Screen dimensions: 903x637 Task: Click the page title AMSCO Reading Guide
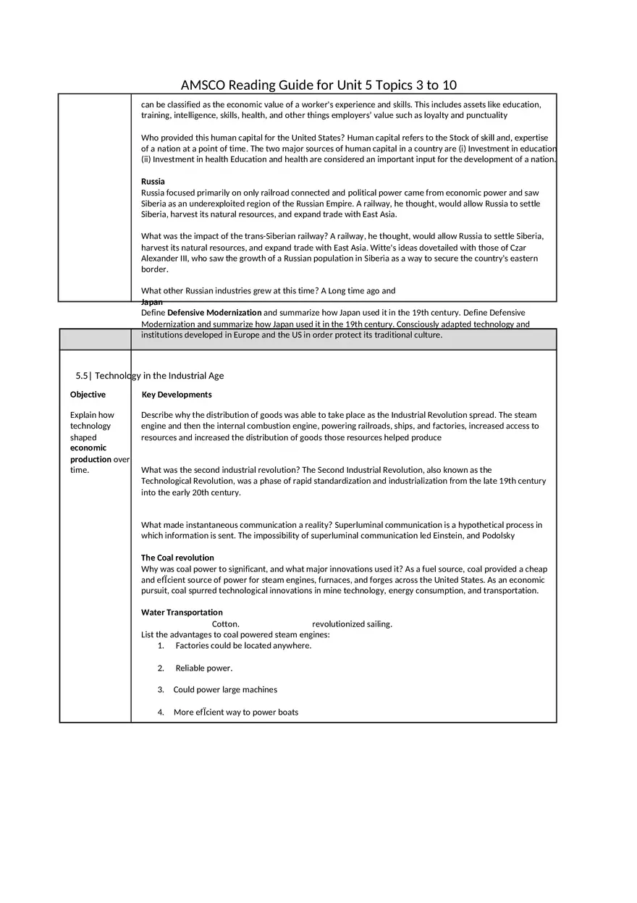coord(318,85)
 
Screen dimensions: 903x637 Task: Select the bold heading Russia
coord(153,181)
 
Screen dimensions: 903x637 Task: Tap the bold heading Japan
coord(151,302)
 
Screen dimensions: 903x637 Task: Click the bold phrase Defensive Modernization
coord(214,313)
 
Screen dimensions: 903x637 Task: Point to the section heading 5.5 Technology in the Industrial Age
coord(150,376)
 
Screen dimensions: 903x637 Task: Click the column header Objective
coord(88,395)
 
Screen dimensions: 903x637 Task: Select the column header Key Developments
coord(177,395)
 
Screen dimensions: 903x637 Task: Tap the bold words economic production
coord(90,454)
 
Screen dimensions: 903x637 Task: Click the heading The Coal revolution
coord(177,558)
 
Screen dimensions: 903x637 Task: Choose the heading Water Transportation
coord(182,613)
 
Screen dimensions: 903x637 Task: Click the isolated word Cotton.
coord(225,624)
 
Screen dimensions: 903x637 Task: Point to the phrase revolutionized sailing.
coord(352,624)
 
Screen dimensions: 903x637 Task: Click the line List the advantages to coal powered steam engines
coord(235,635)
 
